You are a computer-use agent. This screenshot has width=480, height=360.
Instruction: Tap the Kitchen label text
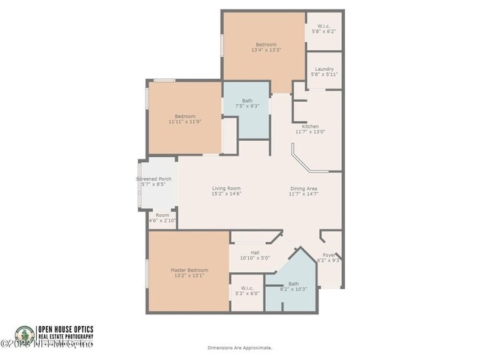tap(310, 126)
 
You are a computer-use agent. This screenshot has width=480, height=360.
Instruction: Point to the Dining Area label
tap(304, 188)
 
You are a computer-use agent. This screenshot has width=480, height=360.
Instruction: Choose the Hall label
tap(255, 252)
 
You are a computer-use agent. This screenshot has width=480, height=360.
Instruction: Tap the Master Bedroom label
tap(189, 270)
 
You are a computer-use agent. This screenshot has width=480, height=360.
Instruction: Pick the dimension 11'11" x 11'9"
tap(185, 122)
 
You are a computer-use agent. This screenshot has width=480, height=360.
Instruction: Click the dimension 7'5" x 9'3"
tap(247, 106)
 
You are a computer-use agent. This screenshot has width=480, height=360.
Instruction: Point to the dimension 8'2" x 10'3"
tap(294, 289)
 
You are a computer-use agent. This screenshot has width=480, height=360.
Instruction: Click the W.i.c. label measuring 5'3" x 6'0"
tap(247, 294)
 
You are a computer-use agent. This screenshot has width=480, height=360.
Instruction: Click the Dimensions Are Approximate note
tap(239, 347)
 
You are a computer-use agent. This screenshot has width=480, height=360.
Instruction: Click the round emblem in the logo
tap(24, 336)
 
